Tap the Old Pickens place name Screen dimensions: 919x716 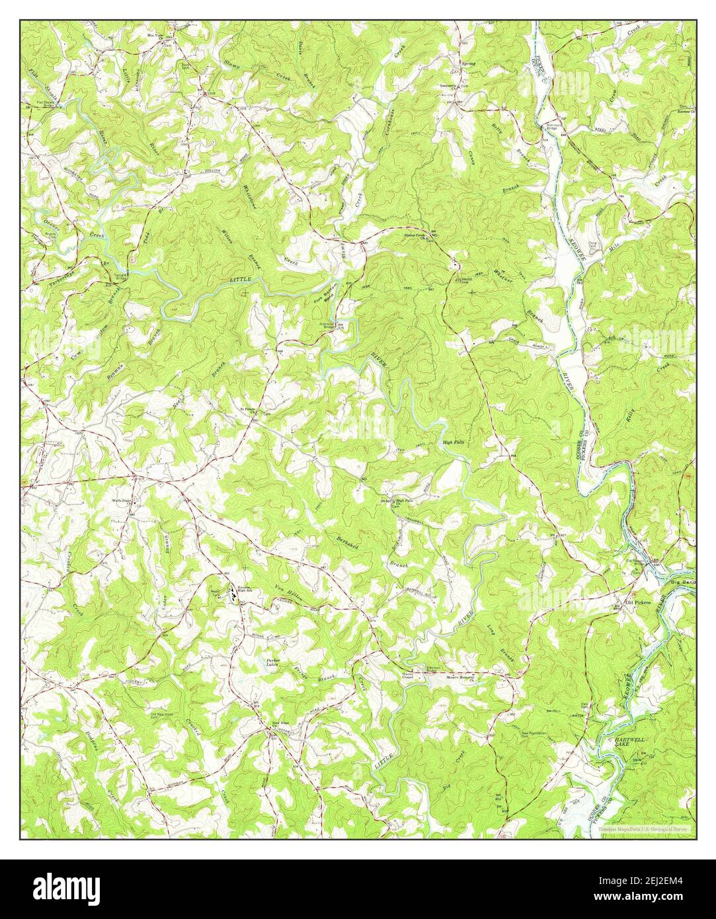[x=638, y=603]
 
